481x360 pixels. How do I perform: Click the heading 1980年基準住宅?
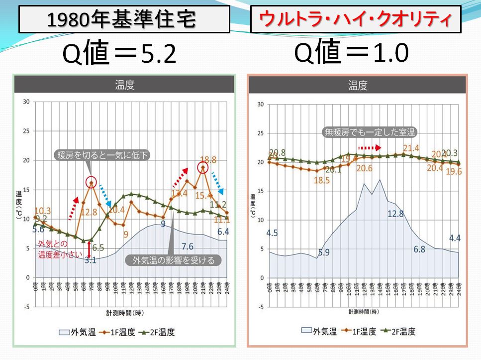[x=124, y=20]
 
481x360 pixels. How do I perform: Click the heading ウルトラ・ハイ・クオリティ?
[x=355, y=20]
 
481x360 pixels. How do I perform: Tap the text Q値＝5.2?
[x=119, y=54]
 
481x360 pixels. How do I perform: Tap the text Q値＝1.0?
[x=351, y=53]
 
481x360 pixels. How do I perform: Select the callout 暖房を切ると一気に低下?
[x=102, y=155]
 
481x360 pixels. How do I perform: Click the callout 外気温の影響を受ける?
[x=174, y=260]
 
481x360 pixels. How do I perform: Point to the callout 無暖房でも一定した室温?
[x=369, y=132]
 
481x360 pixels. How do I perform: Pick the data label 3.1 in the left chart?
[x=90, y=259]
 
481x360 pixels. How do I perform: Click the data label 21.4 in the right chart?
[x=411, y=148]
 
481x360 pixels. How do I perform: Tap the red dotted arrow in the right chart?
[x=370, y=147]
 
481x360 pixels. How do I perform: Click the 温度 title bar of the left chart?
[x=124, y=84]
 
